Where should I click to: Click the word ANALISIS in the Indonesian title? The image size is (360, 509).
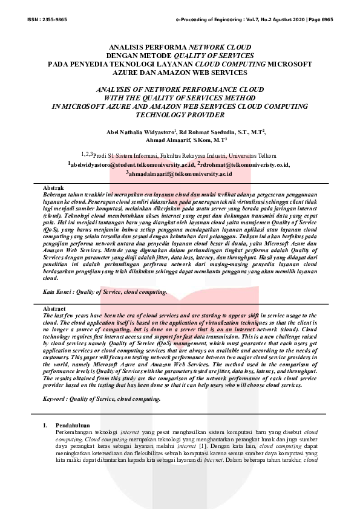[x=126, y=47]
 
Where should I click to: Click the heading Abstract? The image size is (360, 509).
[x=55, y=309]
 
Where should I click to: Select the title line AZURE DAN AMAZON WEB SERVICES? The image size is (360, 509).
[x=180, y=73]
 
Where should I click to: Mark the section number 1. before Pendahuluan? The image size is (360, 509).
[x=45, y=425]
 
